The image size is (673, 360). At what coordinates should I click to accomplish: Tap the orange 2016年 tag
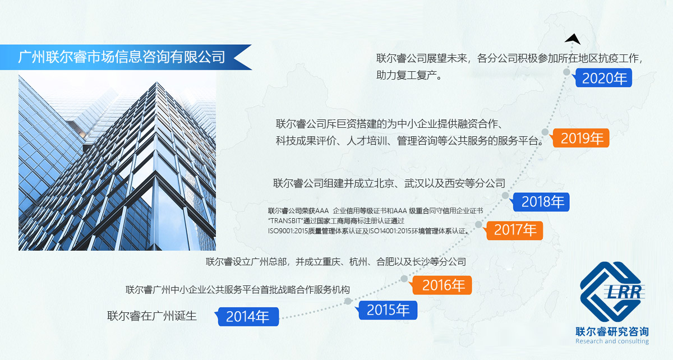tap(442, 285)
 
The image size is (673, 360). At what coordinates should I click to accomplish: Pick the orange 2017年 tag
tap(514, 230)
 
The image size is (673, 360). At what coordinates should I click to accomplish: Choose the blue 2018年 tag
tap(541, 202)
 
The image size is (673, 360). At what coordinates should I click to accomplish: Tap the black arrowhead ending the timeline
tap(573, 39)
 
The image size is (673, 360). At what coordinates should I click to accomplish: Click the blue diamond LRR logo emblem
tap(612, 292)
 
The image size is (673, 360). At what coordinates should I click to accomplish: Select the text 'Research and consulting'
tap(612, 341)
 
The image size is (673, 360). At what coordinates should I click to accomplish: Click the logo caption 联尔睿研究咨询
tap(612, 332)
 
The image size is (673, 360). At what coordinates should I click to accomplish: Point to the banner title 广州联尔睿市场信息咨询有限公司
tap(121, 57)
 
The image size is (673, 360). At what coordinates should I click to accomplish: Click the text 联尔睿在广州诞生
tap(152, 316)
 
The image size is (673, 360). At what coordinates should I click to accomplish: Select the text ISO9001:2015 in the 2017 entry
tap(288, 231)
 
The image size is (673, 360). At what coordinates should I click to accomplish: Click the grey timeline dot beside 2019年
tap(545, 132)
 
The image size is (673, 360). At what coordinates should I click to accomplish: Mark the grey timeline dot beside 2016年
tap(404, 279)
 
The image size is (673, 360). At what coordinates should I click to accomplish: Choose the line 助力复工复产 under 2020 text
tap(409, 75)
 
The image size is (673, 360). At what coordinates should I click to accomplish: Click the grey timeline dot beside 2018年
tap(505, 196)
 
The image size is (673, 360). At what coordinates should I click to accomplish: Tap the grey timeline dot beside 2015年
tap(348, 301)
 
